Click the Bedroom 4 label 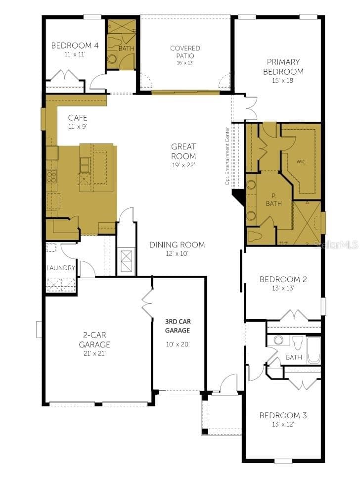tap(75, 46)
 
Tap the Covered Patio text tap(185, 52)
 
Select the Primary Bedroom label tap(283, 67)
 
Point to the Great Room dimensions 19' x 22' tap(183, 165)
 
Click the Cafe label tap(78, 118)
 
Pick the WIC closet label tap(301, 161)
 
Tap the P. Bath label tap(274, 200)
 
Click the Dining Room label tap(177, 245)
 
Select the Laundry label tap(61, 268)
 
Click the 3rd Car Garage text tap(178, 326)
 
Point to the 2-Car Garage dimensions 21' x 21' tap(94, 354)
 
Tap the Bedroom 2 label tap(283, 280)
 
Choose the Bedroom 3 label tap(283, 416)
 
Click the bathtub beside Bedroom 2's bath tap(314, 350)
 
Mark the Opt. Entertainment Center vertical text tap(227, 156)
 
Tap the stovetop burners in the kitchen tap(52, 176)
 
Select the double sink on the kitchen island tap(85, 165)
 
